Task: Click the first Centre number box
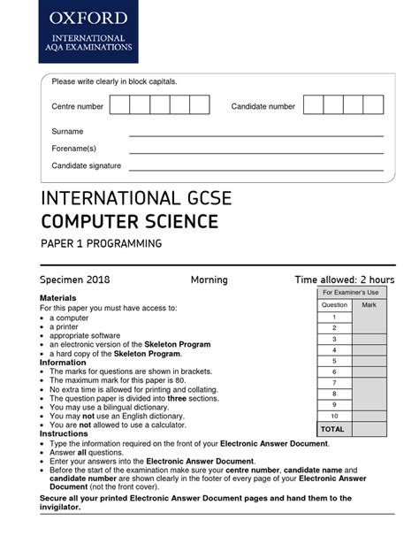point(119,106)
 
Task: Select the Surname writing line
point(256,134)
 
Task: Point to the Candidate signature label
point(87,166)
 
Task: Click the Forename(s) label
point(74,149)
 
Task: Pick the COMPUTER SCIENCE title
point(128,220)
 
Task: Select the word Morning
point(209,280)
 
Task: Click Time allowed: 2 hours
point(344,280)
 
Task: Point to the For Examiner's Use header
point(350,292)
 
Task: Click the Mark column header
point(369,304)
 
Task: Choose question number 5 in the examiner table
point(334,360)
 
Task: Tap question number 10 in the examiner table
point(334,416)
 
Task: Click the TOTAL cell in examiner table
point(333,428)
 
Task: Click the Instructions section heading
point(64,435)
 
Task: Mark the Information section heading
point(63,363)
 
